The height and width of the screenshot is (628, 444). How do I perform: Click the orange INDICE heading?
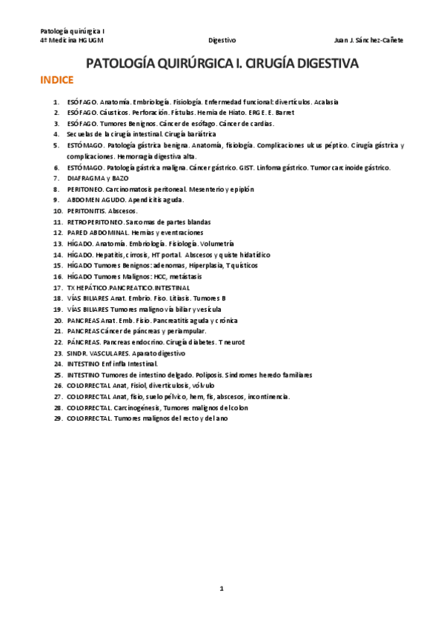(x=56, y=81)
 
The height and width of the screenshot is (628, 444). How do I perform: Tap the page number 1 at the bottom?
(x=221, y=588)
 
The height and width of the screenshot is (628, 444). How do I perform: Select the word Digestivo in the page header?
(x=222, y=41)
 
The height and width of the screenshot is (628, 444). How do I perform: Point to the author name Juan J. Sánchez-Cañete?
(x=369, y=41)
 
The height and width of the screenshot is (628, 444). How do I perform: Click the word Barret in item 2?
(x=284, y=113)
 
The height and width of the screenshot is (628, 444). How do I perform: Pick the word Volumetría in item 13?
(x=217, y=243)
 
